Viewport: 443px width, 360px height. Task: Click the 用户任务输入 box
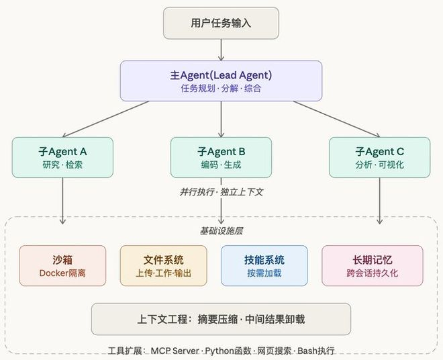(221, 24)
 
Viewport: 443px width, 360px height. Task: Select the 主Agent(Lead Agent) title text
(221, 75)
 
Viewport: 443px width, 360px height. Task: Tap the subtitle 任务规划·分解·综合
(221, 88)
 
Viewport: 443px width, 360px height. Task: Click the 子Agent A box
(62, 158)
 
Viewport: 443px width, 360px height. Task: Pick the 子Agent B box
(221, 158)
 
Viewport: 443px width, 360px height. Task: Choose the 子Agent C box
(380, 158)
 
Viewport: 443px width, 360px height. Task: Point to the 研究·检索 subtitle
(62, 165)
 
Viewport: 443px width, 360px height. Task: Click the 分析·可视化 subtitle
(380, 165)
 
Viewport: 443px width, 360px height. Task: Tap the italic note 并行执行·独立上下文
(222, 192)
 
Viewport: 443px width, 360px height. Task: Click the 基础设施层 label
(222, 231)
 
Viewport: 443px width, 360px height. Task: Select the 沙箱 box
(62, 265)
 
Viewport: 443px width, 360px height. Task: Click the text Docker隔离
(62, 273)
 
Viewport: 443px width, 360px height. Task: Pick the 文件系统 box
(163, 265)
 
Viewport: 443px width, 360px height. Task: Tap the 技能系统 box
(264, 265)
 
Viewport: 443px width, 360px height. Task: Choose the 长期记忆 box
(373, 265)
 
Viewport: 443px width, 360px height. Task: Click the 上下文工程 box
(221, 319)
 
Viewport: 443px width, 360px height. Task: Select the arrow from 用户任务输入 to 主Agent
(222, 50)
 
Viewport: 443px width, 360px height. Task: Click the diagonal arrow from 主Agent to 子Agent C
(336, 119)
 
